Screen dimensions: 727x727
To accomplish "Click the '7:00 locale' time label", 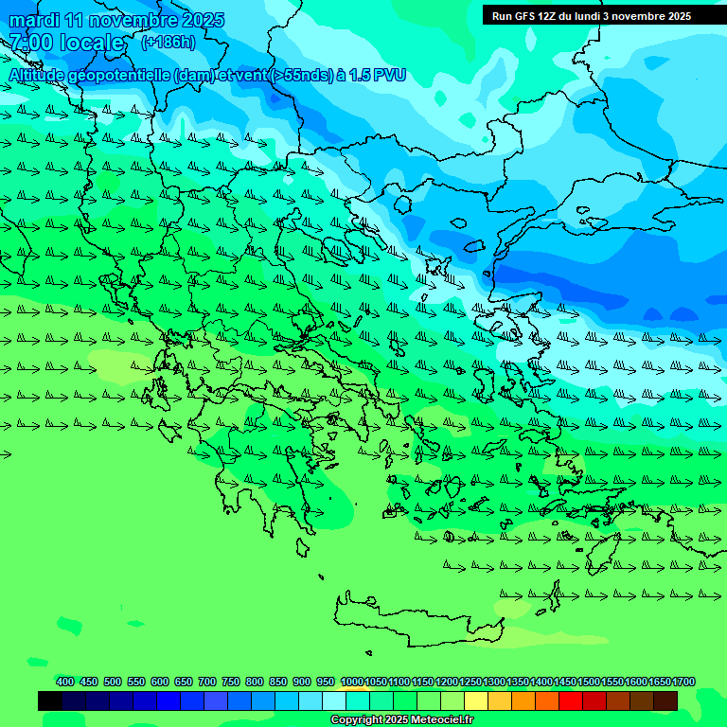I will (x=66, y=43).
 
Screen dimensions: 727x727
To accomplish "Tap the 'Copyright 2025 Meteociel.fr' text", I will (x=401, y=720).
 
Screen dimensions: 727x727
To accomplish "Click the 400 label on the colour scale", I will (x=65, y=682).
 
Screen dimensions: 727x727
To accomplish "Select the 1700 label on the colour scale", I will (x=684, y=682).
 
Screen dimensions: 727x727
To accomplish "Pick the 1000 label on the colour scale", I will (x=351, y=682).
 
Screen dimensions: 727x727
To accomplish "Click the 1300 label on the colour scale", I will (x=494, y=682).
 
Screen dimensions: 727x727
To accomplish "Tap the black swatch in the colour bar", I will (x=50, y=701).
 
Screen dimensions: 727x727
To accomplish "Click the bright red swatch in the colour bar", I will (x=571, y=701).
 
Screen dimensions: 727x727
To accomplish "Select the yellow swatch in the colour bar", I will (x=476, y=701).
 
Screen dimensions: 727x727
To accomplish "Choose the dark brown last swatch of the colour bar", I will (x=665, y=701).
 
